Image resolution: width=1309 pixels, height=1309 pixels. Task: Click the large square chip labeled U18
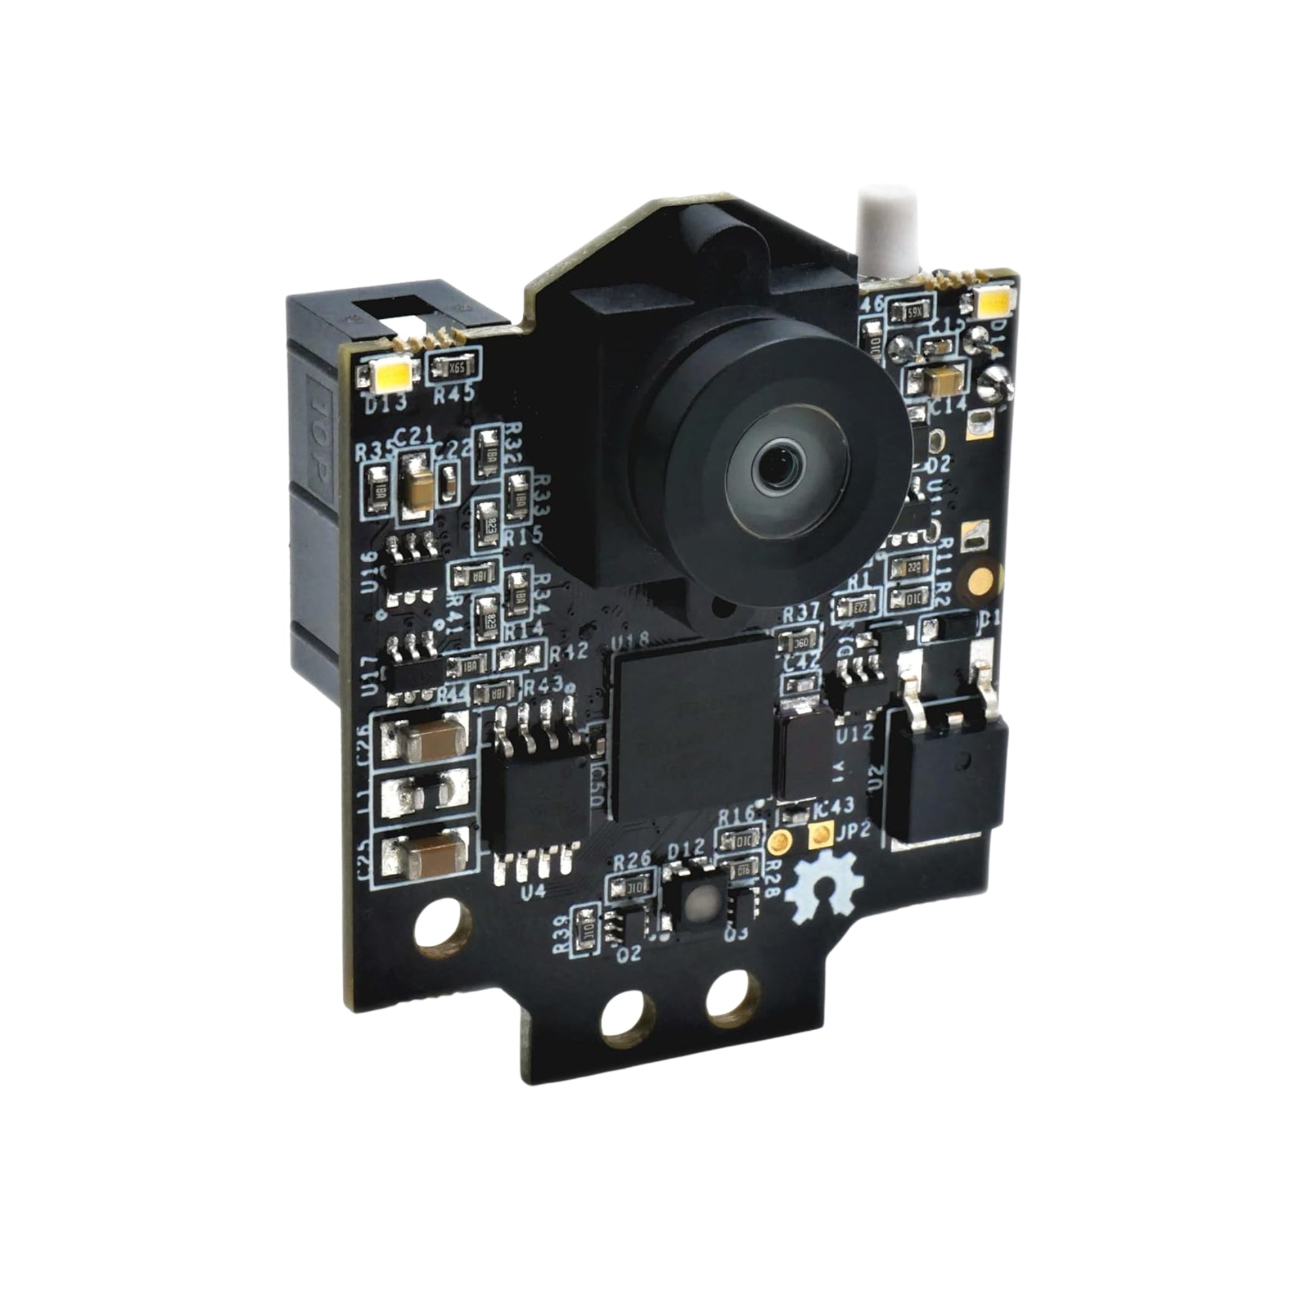tap(693, 726)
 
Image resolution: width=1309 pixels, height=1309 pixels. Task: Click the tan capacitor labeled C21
tap(417, 487)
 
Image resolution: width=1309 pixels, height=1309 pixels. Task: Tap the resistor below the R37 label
tap(797, 640)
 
